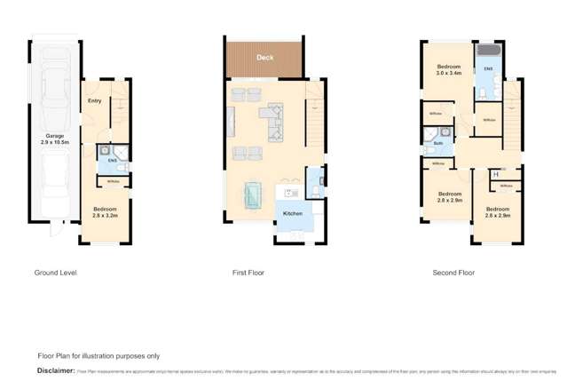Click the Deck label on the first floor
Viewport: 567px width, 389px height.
click(x=264, y=58)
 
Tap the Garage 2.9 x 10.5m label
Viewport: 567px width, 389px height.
click(x=55, y=139)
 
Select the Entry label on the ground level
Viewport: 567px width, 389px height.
click(x=95, y=100)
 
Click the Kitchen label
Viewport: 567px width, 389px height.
click(x=292, y=213)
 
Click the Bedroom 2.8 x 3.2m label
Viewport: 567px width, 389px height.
click(x=106, y=212)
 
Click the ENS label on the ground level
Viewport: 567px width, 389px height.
click(x=113, y=160)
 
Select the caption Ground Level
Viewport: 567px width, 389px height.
click(x=55, y=273)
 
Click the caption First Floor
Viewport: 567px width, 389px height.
click(x=248, y=273)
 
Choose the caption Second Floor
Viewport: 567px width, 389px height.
click(x=453, y=273)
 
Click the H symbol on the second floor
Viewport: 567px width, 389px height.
click(x=494, y=174)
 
